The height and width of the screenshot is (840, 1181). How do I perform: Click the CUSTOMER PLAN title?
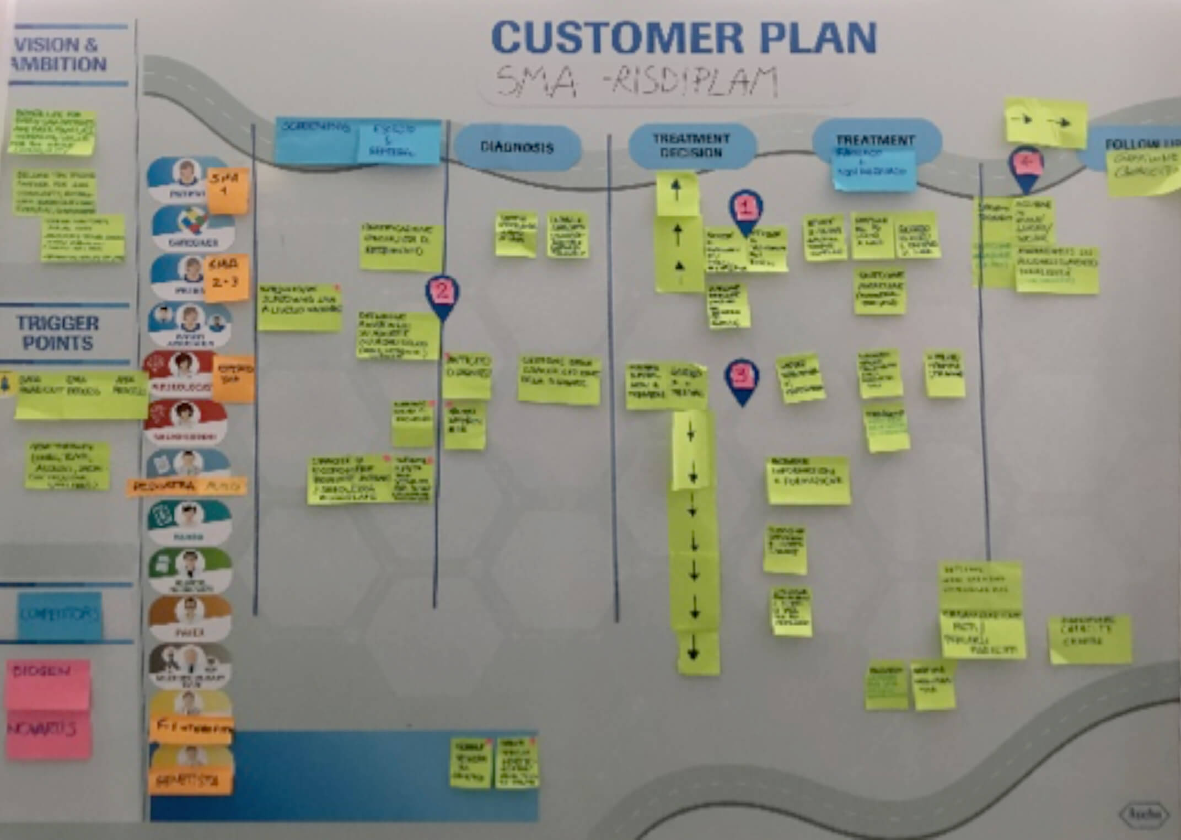[684, 37]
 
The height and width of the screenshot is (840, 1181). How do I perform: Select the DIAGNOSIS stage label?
[517, 147]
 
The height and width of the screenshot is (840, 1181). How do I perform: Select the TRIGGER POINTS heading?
[58, 332]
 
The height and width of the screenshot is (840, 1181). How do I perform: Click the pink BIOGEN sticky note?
[48, 683]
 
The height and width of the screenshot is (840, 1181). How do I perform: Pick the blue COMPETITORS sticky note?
[60, 615]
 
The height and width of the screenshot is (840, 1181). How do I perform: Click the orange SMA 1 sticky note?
[227, 191]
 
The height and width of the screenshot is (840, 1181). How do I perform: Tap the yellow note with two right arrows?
[1045, 122]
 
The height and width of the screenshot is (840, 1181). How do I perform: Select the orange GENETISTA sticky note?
[190, 780]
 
